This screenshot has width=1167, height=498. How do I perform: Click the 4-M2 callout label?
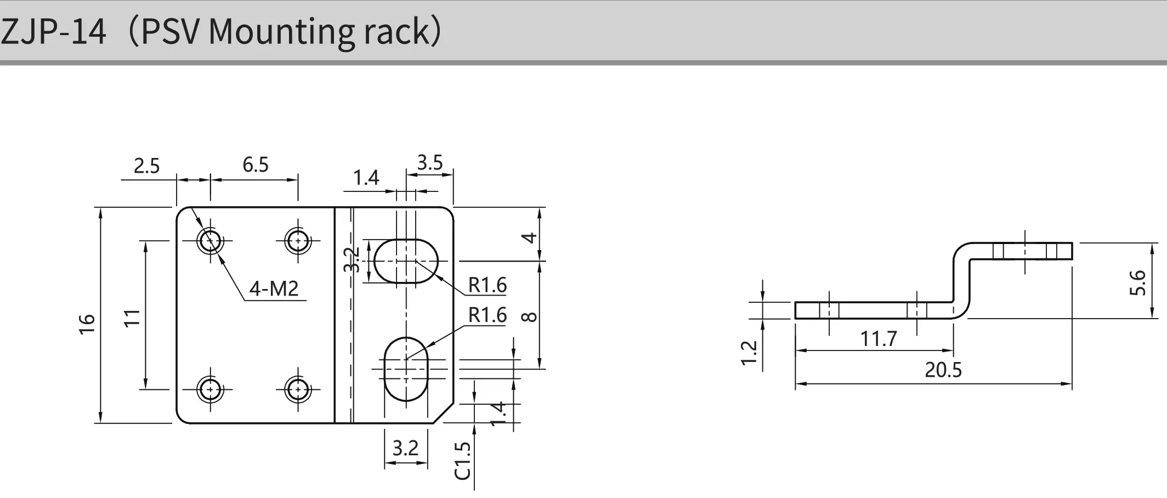coord(274,288)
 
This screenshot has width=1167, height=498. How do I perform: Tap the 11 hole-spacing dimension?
coord(132,318)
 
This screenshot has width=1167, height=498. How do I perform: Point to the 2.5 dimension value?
coord(147,166)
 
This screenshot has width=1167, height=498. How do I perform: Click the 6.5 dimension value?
coord(256,165)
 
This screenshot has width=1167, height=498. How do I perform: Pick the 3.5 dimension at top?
coord(430,162)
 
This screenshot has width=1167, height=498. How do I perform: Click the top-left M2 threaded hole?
coord(210,240)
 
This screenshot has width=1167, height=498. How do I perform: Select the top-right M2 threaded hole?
coord(298,240)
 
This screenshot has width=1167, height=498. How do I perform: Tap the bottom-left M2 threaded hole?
coord(210,389)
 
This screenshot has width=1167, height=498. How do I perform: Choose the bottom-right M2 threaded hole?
coord(298,389)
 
